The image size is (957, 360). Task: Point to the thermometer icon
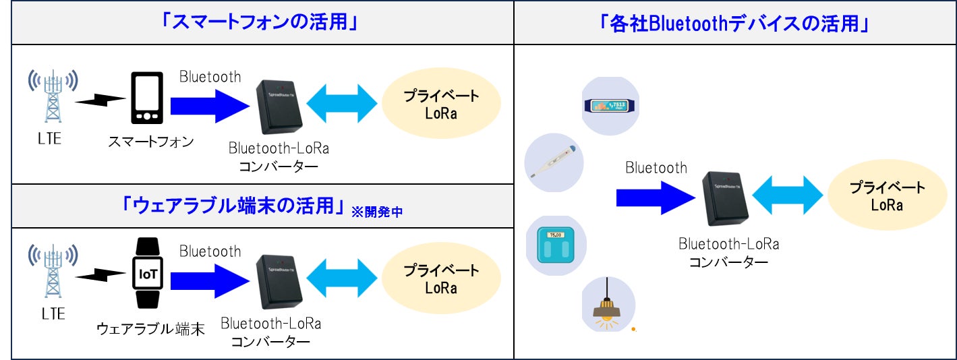click(552, 162)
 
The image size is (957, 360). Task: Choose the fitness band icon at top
click(611, 105)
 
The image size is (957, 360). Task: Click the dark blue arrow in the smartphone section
click(210, 104)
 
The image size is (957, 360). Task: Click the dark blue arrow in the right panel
click(655, 197)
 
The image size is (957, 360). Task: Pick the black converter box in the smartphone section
click(278, 107)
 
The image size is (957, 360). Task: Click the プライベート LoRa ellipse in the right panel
click(886, 196)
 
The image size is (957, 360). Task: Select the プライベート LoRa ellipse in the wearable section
click(441, 278)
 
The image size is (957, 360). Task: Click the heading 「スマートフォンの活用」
click(259, 22)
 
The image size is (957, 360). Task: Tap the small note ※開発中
click(376, 212)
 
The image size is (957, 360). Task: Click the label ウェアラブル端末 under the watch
click(150, 330)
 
